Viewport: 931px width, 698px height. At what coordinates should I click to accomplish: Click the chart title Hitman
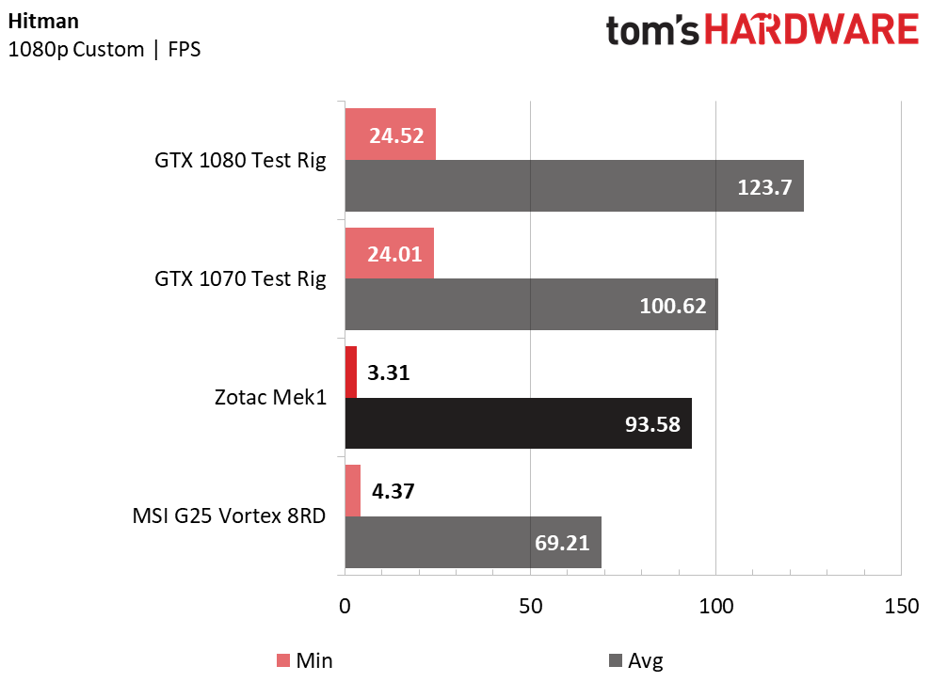coord(43,22)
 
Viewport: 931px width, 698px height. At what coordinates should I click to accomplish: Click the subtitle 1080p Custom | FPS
coord(104,49)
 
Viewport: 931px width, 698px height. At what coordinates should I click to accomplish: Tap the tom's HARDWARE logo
coord(762,30)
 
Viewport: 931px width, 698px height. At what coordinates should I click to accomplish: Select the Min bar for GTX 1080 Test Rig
coord(391,135)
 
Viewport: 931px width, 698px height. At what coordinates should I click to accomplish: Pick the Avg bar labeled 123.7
coord(575,185)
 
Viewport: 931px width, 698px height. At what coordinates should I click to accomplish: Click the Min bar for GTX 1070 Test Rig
coord(390,253)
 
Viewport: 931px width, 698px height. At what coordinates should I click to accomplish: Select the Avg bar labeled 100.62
coord(532,305)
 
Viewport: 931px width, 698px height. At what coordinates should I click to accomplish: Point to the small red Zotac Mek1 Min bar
coord(351,373)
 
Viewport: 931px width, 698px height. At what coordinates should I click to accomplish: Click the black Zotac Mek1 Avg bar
coord(519,423)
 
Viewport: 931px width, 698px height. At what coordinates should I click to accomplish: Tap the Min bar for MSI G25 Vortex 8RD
coord(353,491)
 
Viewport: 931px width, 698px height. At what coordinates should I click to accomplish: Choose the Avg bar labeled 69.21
coord(474,542)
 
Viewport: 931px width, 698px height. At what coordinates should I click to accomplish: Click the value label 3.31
coord(389,373)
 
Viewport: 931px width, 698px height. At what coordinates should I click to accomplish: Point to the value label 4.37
coord(393,491)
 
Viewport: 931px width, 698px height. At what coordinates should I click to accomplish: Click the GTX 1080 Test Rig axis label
coord(240,161)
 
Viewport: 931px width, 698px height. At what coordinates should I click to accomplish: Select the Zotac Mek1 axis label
coord(271,397)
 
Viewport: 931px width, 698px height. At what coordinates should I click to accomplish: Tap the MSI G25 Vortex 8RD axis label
coord(229,516)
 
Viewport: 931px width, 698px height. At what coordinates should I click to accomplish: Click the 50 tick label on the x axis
coord(530,606)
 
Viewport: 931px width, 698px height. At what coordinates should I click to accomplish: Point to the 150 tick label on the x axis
coord(901,606)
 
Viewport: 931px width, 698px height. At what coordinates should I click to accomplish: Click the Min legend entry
coord(305,660)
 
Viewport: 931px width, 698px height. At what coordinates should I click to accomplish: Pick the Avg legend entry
coord(636,660)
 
